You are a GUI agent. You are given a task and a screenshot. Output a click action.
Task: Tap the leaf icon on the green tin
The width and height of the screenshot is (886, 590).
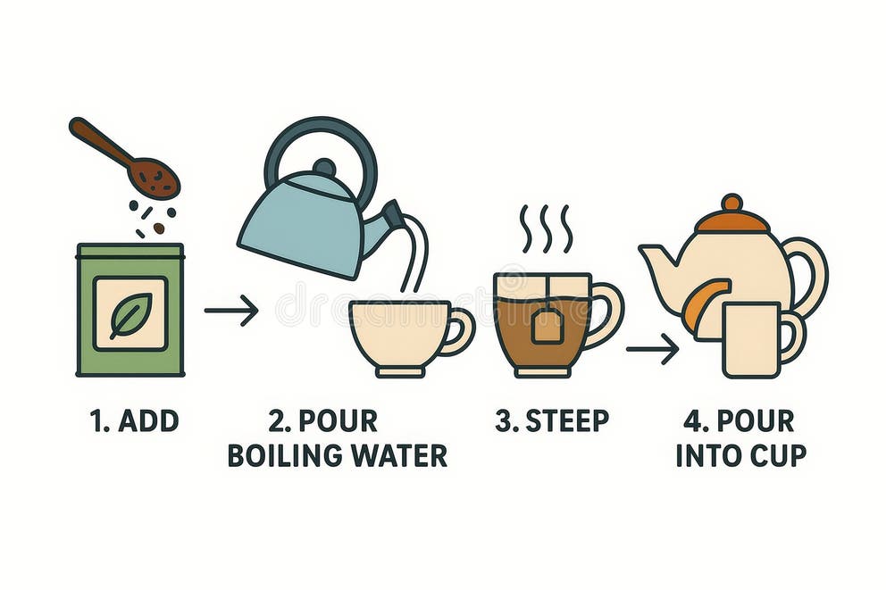(x=130, y=314)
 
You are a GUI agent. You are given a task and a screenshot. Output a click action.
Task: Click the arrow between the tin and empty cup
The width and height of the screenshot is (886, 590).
(x=230, y=311)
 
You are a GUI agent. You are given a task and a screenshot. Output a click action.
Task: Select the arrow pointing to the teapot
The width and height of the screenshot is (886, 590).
(x=652, y=349)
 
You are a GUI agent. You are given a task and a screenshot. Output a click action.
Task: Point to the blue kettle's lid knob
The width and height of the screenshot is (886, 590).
(x=324, y=167)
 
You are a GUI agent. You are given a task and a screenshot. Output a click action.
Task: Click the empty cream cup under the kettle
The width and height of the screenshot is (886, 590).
(x=399, y=335)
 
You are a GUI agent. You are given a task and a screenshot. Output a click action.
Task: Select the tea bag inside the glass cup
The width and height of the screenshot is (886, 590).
(x=547, y=327)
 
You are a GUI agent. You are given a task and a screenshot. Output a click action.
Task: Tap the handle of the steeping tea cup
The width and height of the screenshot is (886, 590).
(x=606, y=313)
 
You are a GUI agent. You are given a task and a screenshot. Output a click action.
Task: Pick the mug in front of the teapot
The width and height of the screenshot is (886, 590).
(x=752, y=339)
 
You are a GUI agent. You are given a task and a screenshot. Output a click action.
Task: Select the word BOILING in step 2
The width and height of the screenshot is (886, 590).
(x=280, y=455)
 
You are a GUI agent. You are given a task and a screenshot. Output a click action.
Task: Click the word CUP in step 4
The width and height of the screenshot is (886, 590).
(x=778, y=455)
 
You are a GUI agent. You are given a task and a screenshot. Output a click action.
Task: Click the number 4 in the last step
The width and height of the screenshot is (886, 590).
(x=692, y=421)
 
